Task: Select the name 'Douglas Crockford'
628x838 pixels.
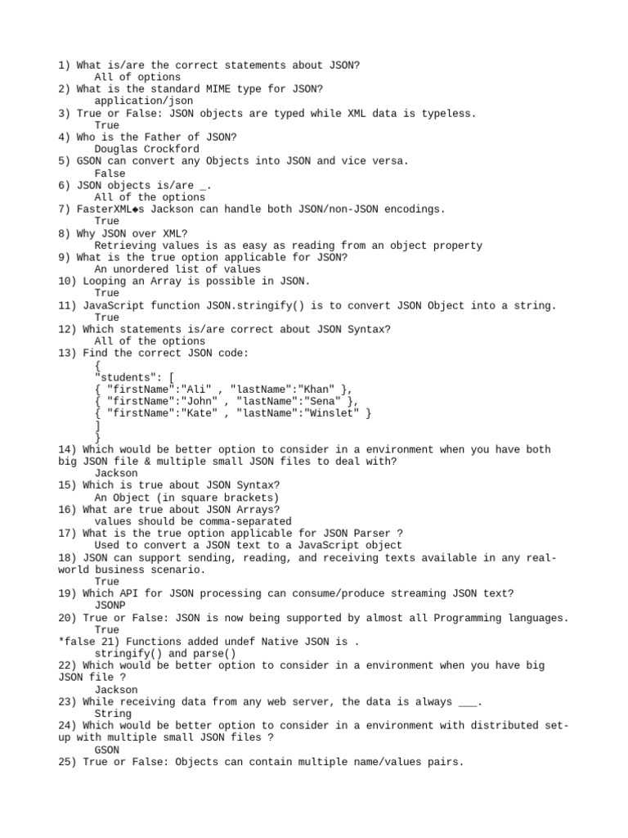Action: coord(146,150)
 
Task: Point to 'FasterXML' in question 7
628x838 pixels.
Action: coord(106,209)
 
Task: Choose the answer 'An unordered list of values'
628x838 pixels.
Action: coord(177,269)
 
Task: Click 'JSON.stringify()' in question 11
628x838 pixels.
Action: coord(255,305)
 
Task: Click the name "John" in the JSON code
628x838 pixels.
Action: coord(194,401)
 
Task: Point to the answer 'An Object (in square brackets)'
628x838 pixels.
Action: coord(186,498)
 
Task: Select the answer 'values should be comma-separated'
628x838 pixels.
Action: coord(192,521)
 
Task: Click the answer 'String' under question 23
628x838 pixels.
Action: coord(113,714)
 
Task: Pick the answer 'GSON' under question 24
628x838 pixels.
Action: coord(107,750)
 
